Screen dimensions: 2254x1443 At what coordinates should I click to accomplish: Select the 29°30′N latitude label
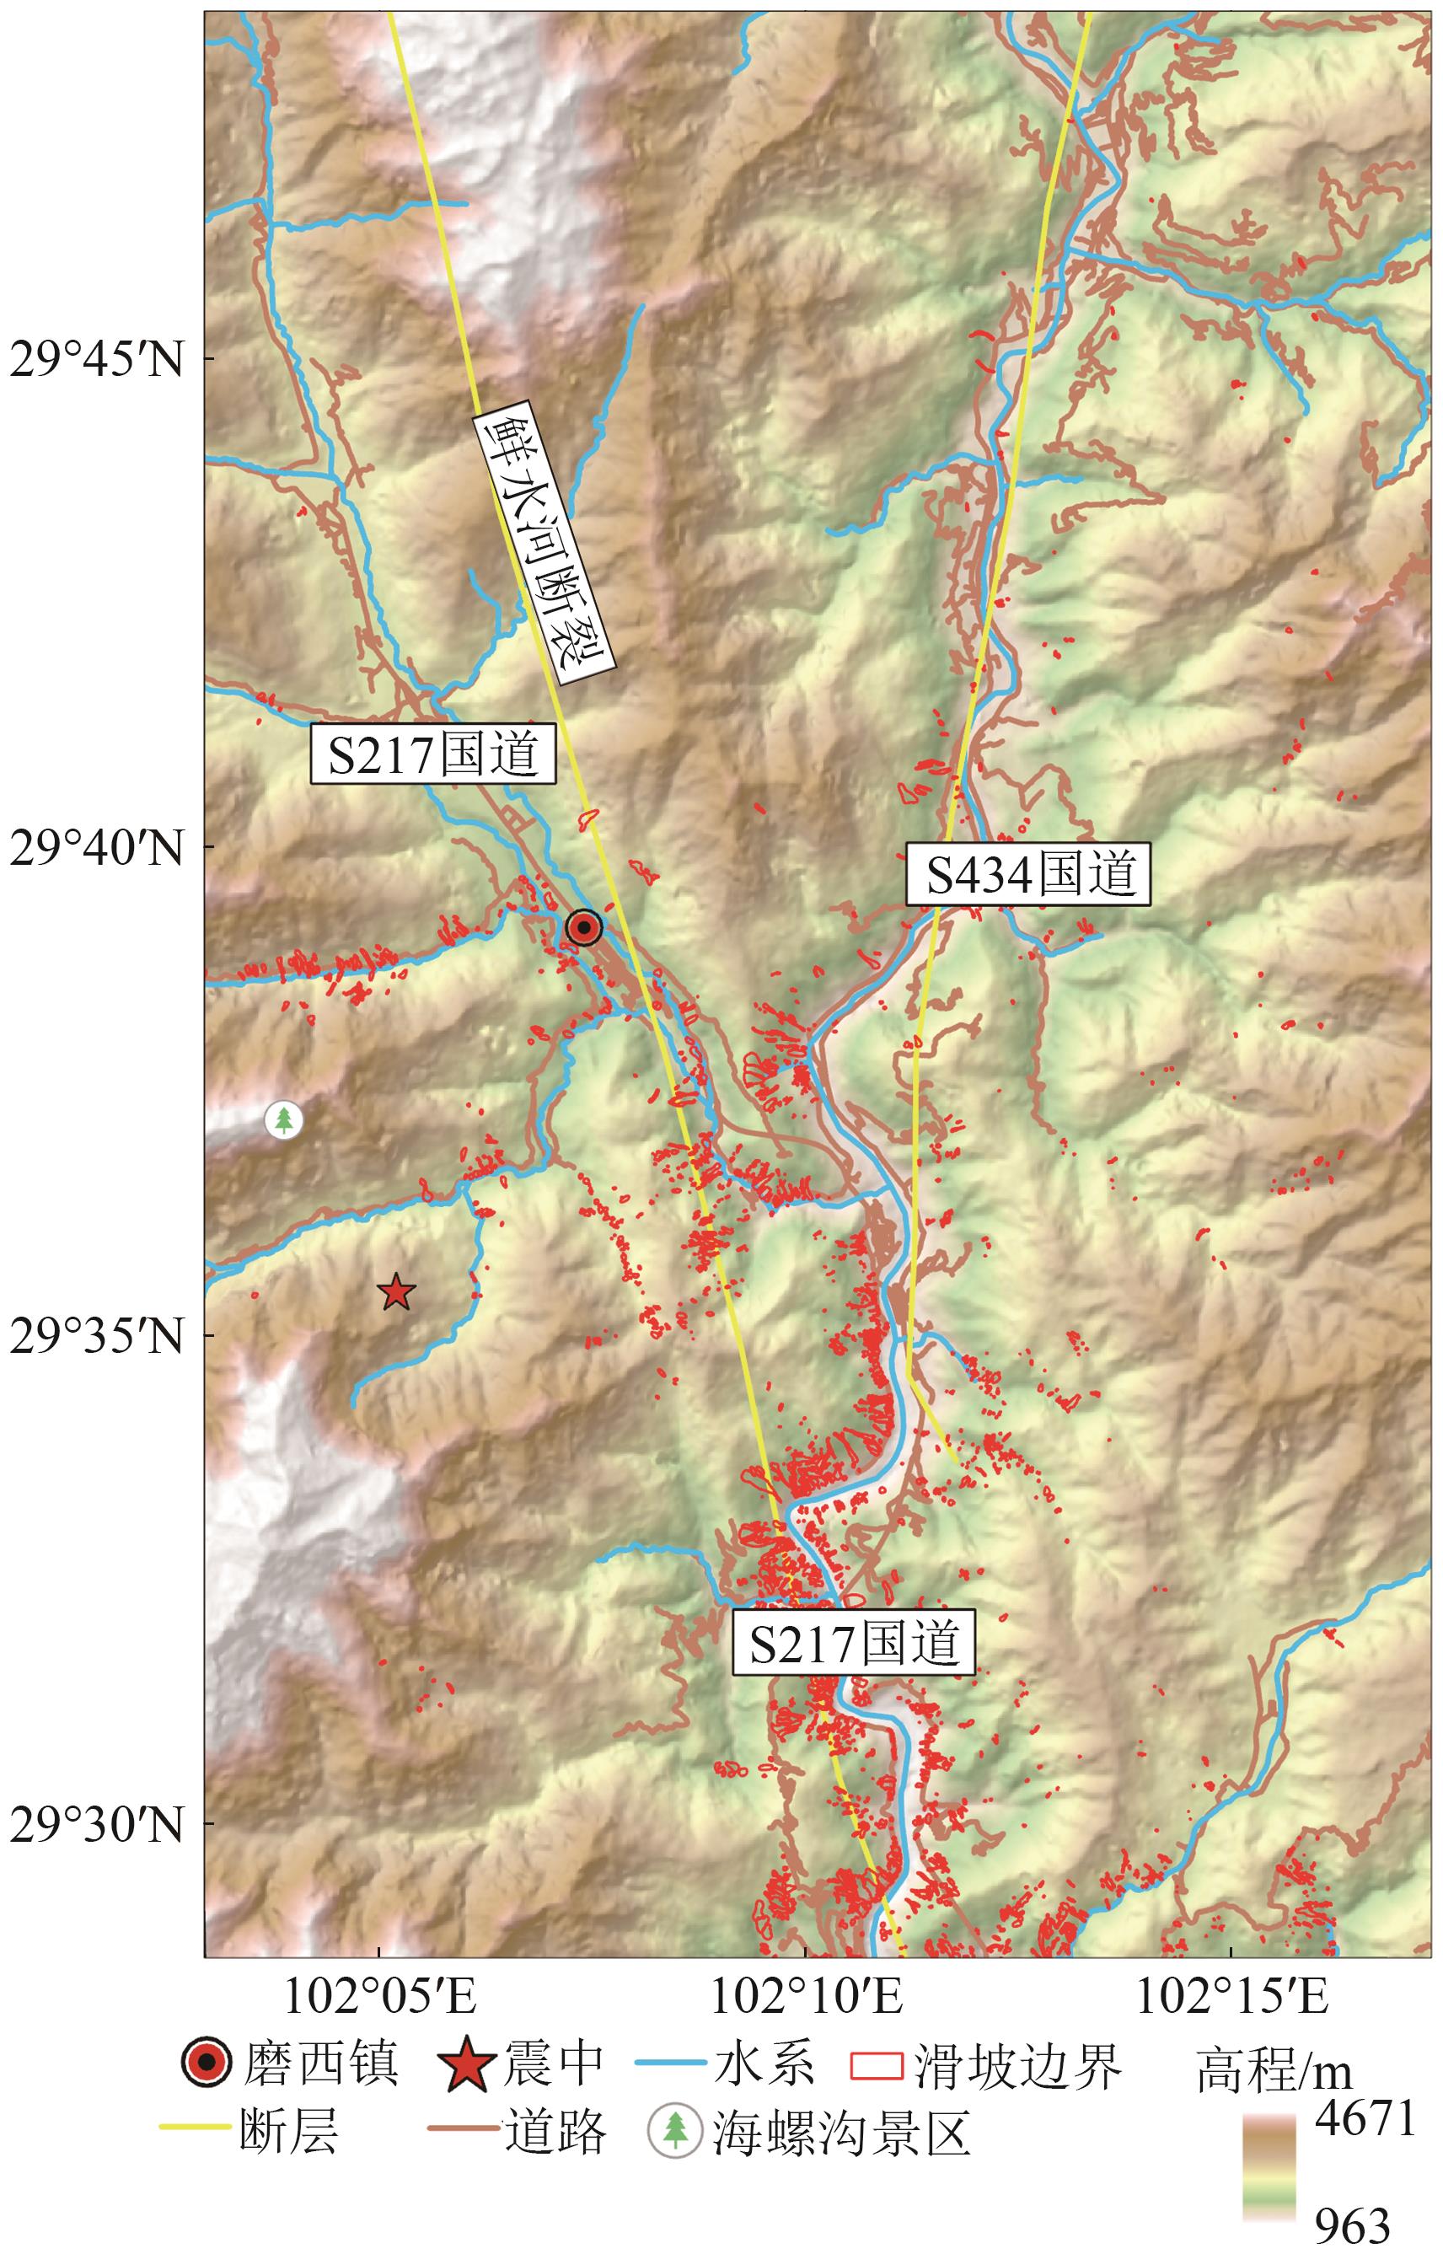97,1823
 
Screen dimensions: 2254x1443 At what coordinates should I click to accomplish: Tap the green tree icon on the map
283,1120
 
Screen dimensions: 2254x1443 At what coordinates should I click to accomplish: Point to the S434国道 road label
1028,873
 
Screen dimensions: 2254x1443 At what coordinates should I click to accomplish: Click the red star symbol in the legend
466,2063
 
